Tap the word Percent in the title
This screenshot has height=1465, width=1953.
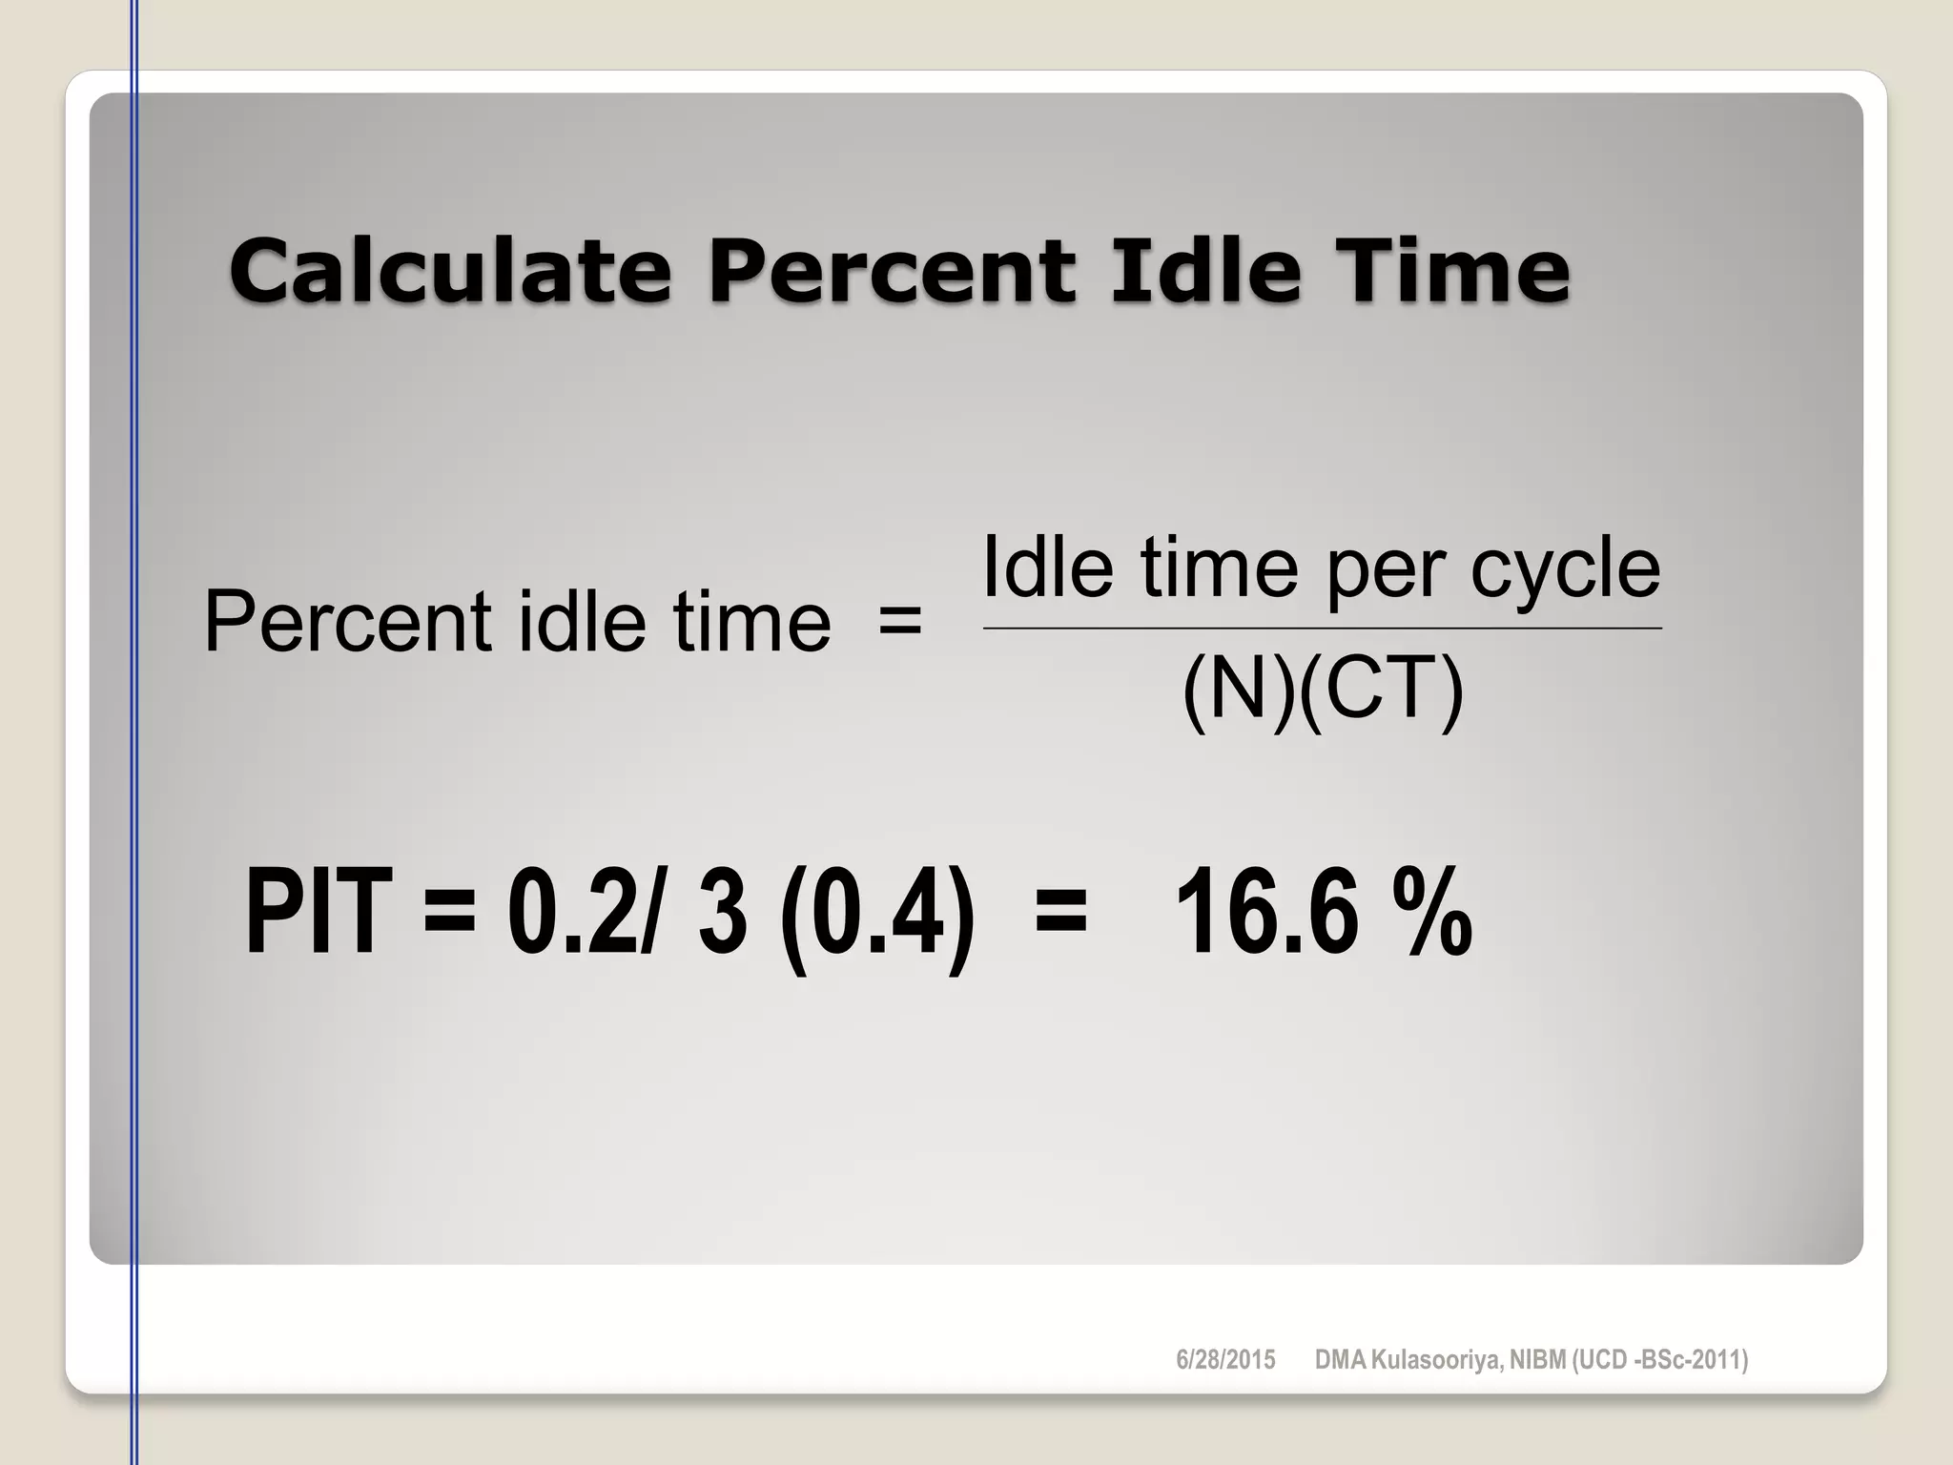click(892, 271)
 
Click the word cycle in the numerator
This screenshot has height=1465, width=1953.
click(1565, 569)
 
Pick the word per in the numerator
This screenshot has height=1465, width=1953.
click(1387, 572)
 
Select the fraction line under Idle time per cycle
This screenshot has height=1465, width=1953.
click(1322, 629)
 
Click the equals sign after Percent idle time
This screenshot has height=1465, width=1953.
click(899, 623)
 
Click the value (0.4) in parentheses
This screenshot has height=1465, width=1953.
click(877, 916)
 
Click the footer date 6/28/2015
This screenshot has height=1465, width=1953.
click(1225, 1360)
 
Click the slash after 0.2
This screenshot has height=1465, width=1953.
click(650, 914)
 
